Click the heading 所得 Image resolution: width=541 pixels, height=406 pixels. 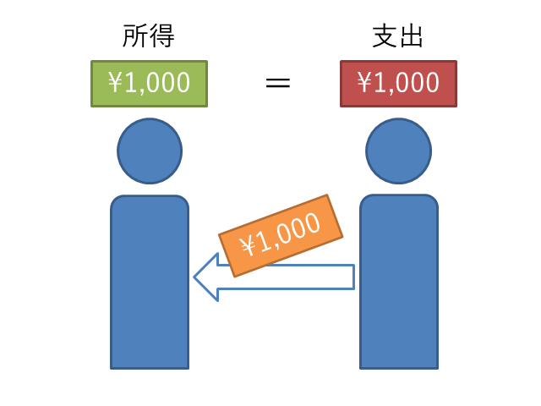(150, 36)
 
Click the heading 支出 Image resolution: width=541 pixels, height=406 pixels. (398, 36)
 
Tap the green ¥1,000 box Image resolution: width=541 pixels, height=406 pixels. (150, 83)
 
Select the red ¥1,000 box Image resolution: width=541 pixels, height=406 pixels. (398, 83)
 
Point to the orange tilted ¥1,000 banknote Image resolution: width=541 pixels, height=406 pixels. (281, 234)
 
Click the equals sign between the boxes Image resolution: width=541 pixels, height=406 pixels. (278, 83)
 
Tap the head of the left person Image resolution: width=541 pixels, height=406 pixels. (150, 151)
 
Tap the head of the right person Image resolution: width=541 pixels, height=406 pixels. (398, 151)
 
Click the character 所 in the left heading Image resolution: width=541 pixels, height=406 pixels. (136, 36)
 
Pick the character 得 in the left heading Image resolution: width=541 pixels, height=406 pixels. (162, 36)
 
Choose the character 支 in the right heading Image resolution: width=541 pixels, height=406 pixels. (385, 36)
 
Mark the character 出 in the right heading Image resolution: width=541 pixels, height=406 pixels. (412, 36)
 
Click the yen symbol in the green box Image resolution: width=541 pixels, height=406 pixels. (116, 83)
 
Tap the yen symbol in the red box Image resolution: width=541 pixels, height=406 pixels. (365, 83)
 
